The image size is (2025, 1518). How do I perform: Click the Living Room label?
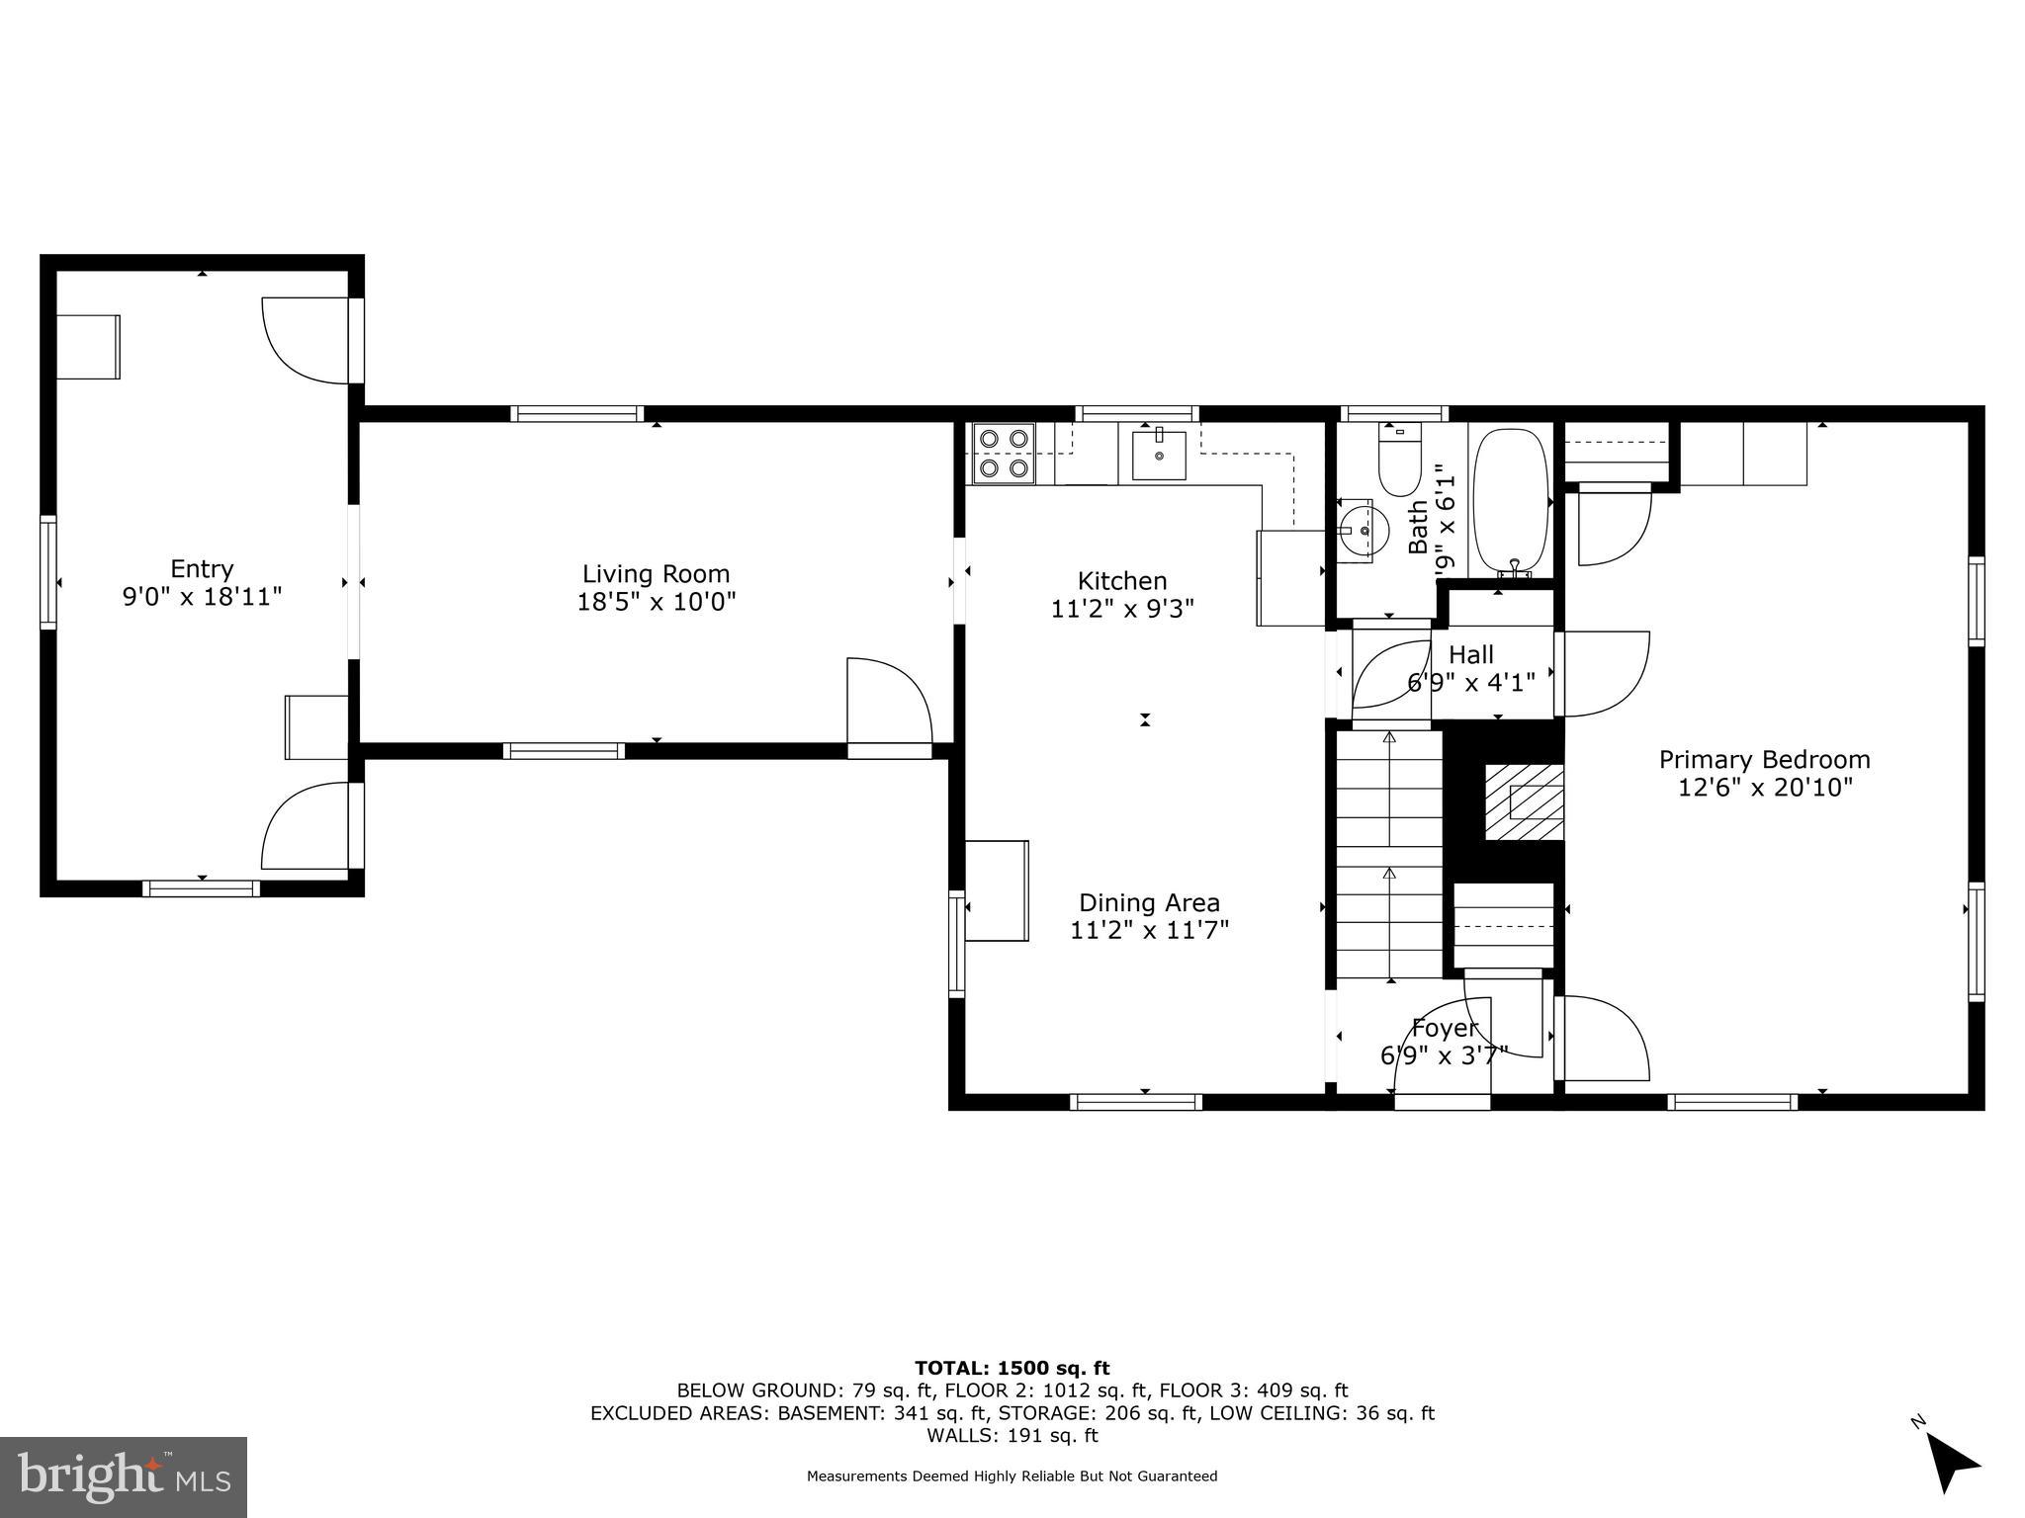coord(656,574)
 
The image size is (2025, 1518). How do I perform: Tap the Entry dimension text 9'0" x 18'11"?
coord(202,597)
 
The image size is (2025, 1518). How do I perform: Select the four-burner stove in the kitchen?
coord(1004,454)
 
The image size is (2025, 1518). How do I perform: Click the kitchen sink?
coord(1158,455)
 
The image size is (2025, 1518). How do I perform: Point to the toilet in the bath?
coord(1398,461)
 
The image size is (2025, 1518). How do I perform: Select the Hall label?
coord(1470,654)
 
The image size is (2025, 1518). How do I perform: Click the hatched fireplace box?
coord(1523,801)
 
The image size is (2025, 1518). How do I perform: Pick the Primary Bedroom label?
coord(1764,760)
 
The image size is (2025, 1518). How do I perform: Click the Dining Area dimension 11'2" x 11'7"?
coord(1149,930)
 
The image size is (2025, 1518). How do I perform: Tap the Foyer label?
coord(1445,1028)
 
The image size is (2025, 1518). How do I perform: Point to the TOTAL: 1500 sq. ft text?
coord(1012,1368)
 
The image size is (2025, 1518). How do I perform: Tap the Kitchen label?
coord(1121,581)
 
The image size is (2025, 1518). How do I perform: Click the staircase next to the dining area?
coord(1389,855)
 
